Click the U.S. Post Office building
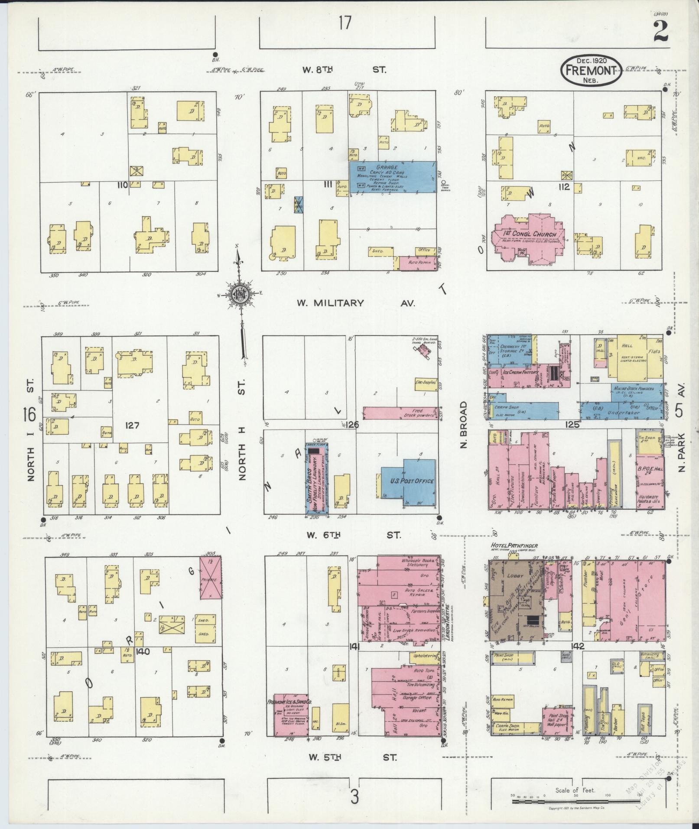click(x=408, y=481)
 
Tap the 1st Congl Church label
click(x=530, y=234)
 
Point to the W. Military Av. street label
click(x=355, y=303)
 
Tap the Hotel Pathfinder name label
click(x=514, y=546)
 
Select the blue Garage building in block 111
click(x=393, y=177)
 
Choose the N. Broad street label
click(x=464, y=425)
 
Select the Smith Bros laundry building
click(x=317, y=478)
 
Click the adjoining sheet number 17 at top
click(x=345, y=23)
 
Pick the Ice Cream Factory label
click(x=520, y=373)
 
